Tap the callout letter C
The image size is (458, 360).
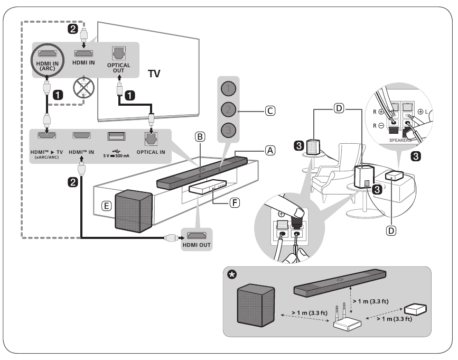270,112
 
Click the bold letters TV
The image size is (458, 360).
154,75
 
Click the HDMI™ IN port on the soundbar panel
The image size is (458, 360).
82,136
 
